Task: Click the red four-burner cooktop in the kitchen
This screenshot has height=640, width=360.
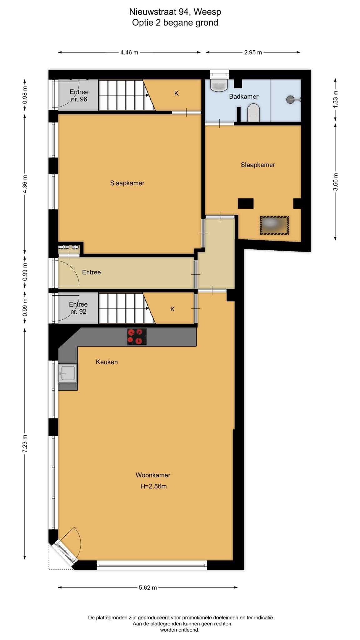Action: coord(137,337)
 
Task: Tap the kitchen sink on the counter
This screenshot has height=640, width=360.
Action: coord(67,373)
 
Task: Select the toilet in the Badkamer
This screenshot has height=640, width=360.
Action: coord(253,113)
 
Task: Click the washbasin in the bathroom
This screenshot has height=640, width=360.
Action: coord(219,85)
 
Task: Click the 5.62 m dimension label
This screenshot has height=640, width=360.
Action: coord(148,587)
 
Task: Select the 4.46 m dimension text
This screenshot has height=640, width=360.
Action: coord(129,52)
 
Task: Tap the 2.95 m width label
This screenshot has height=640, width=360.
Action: coord(253,52)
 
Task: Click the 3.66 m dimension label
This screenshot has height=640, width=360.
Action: coord(335,182)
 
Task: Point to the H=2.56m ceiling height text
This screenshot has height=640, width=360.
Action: coord(153,486)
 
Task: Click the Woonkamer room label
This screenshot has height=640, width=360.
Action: coord(153,475)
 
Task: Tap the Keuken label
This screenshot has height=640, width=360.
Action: coord(107,362)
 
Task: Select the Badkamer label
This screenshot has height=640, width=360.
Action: coord(244,96)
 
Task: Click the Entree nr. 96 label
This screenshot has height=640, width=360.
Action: coord(79,96)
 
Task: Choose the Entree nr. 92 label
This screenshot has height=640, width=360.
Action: coord(78,308)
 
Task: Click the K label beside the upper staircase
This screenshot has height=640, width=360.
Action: coord(176,93)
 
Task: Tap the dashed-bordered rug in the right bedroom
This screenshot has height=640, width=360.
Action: coord(275,225)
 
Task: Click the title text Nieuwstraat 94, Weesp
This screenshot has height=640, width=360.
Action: coord(175,12)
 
